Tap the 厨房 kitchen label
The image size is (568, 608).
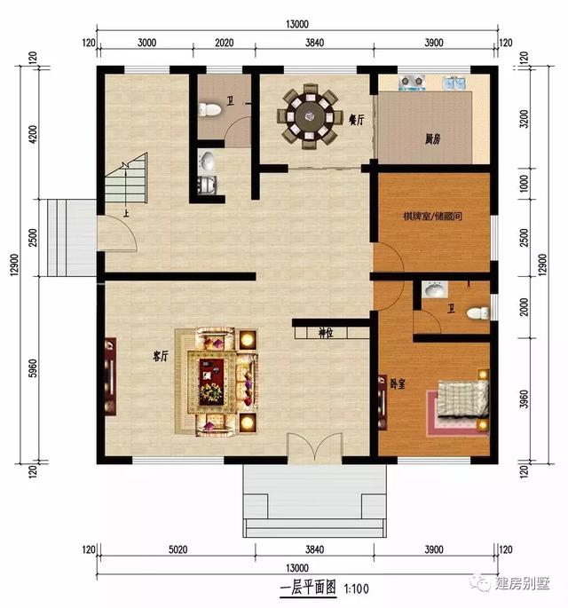(432, 138)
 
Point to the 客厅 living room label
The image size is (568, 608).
(161, 357)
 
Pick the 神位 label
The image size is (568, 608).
(326, 334)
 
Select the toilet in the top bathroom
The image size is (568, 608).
(210, 110)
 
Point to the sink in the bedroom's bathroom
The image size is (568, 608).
(434, 290)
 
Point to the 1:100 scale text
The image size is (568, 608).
(357, 588)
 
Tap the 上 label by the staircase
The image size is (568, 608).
(127, 214)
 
